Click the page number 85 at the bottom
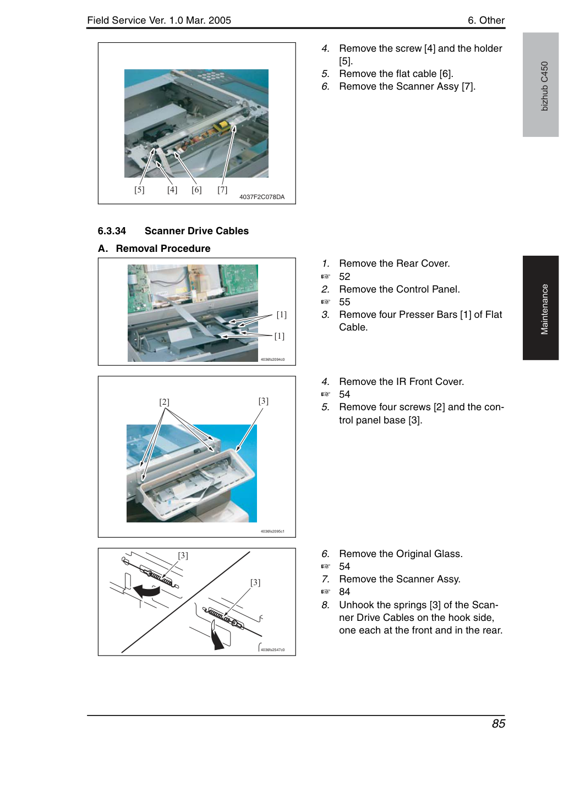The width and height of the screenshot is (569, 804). pyautogui.click(x=498, y=723)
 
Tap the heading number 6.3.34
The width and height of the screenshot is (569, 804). pyautogui.click(x=112, y=231)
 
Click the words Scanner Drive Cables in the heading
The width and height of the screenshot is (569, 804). pyautogui.click(x=196, y=231)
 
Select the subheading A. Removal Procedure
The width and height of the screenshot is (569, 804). pyautogui.click(x=154, y=249)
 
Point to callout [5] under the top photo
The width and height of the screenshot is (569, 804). pyautogui.click(x=139, y=190)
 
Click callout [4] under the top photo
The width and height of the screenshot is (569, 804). pyautogui.click(x=172, y=190)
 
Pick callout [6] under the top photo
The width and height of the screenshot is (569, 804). pyautogui.click(x=196, y=190)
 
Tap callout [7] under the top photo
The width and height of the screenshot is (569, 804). pyautogui.click(x=222, y=190)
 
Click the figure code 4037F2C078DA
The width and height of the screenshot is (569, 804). pyautogui.click(x=262, y=197)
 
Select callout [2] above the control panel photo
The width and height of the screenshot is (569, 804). pyautogui.click(x=164, y=402)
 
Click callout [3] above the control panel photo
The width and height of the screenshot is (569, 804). pyautogui.click(x=263, y=401)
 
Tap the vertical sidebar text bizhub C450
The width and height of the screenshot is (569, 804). pyautogui.click(x=545, y=86)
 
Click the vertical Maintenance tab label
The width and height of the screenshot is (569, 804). pyautogui.click(x=545, y=309)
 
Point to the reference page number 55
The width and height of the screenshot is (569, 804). pyautogui.click(x=344, y=302)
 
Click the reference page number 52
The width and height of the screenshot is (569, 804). pyautogui.click(x=344, y=277)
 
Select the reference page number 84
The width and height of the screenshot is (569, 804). pyautogui.click(x=344, y=592)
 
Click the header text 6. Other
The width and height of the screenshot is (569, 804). pyautogui.click(x=486, y=20)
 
